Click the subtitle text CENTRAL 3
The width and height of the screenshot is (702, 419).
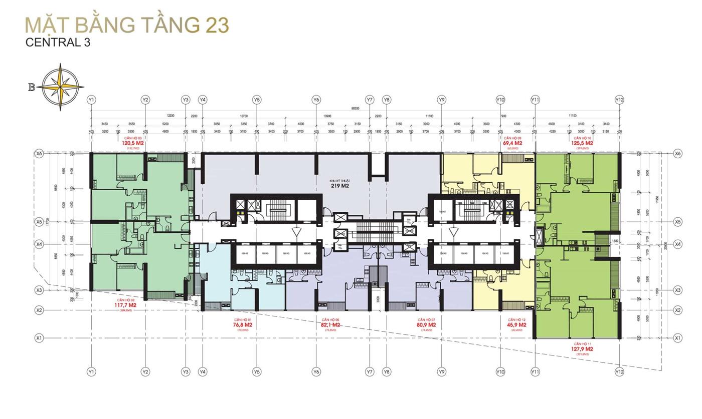pos(58,43)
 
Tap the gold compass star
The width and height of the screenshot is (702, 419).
pos(63,87)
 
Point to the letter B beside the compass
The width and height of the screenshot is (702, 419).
pos(32,87)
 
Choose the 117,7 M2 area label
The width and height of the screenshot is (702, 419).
pos(125,305)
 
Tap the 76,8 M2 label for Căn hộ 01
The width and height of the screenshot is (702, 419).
pos(242,325)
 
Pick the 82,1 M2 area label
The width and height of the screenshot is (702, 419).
pos(330,325)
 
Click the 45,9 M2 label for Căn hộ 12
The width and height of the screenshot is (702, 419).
pos(516,325)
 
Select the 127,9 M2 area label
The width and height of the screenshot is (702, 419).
pos(582,349)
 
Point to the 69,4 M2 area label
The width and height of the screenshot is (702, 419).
pos(512,143)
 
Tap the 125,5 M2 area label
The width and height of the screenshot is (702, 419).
pos(582,143)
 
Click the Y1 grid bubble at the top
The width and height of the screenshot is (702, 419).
pos(91,100)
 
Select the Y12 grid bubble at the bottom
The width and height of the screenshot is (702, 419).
pos(619,372)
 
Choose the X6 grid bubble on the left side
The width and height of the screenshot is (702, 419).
pos(38,154)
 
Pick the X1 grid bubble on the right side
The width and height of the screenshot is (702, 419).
pos(677,338)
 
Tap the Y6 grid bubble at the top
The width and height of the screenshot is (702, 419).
pos(316,100)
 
